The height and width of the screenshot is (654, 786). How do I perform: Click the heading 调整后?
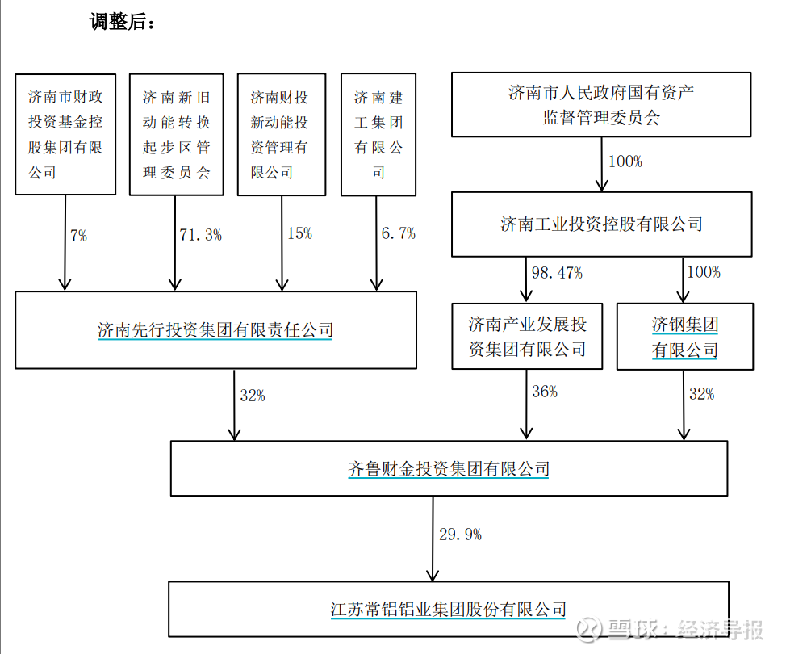[123, 22]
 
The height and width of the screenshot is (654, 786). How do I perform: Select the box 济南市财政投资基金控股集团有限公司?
[65, 134]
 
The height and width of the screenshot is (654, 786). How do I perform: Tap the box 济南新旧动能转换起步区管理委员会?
[177, 134]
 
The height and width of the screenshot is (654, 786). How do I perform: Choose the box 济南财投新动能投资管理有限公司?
[282, 134]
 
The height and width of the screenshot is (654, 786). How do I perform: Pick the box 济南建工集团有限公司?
[378, 134]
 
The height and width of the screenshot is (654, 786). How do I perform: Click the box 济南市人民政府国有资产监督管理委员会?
[601, 105]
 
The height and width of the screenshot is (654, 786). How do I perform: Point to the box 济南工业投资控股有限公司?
[601, 224]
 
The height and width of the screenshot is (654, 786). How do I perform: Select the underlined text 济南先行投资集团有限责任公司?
[215, 330]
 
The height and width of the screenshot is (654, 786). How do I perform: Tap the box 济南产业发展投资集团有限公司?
[527, 336]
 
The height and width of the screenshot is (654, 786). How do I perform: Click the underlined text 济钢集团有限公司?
[685, 337]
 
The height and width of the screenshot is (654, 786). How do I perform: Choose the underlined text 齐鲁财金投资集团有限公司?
[449, 469]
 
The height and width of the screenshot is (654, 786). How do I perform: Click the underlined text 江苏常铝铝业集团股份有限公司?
[449, 610]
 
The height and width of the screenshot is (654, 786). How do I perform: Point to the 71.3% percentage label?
[200, 235]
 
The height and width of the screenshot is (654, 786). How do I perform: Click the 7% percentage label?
[79, 235]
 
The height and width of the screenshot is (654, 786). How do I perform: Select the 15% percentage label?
[299, 233]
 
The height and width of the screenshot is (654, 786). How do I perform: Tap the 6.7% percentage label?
[399, 233]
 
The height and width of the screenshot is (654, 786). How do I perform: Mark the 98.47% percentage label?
[557, 273]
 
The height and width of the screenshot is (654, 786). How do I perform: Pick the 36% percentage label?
[545, 392]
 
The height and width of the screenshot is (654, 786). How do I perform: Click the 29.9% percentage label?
[460, 535]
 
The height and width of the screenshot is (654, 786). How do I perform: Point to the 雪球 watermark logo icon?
[589, 630]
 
